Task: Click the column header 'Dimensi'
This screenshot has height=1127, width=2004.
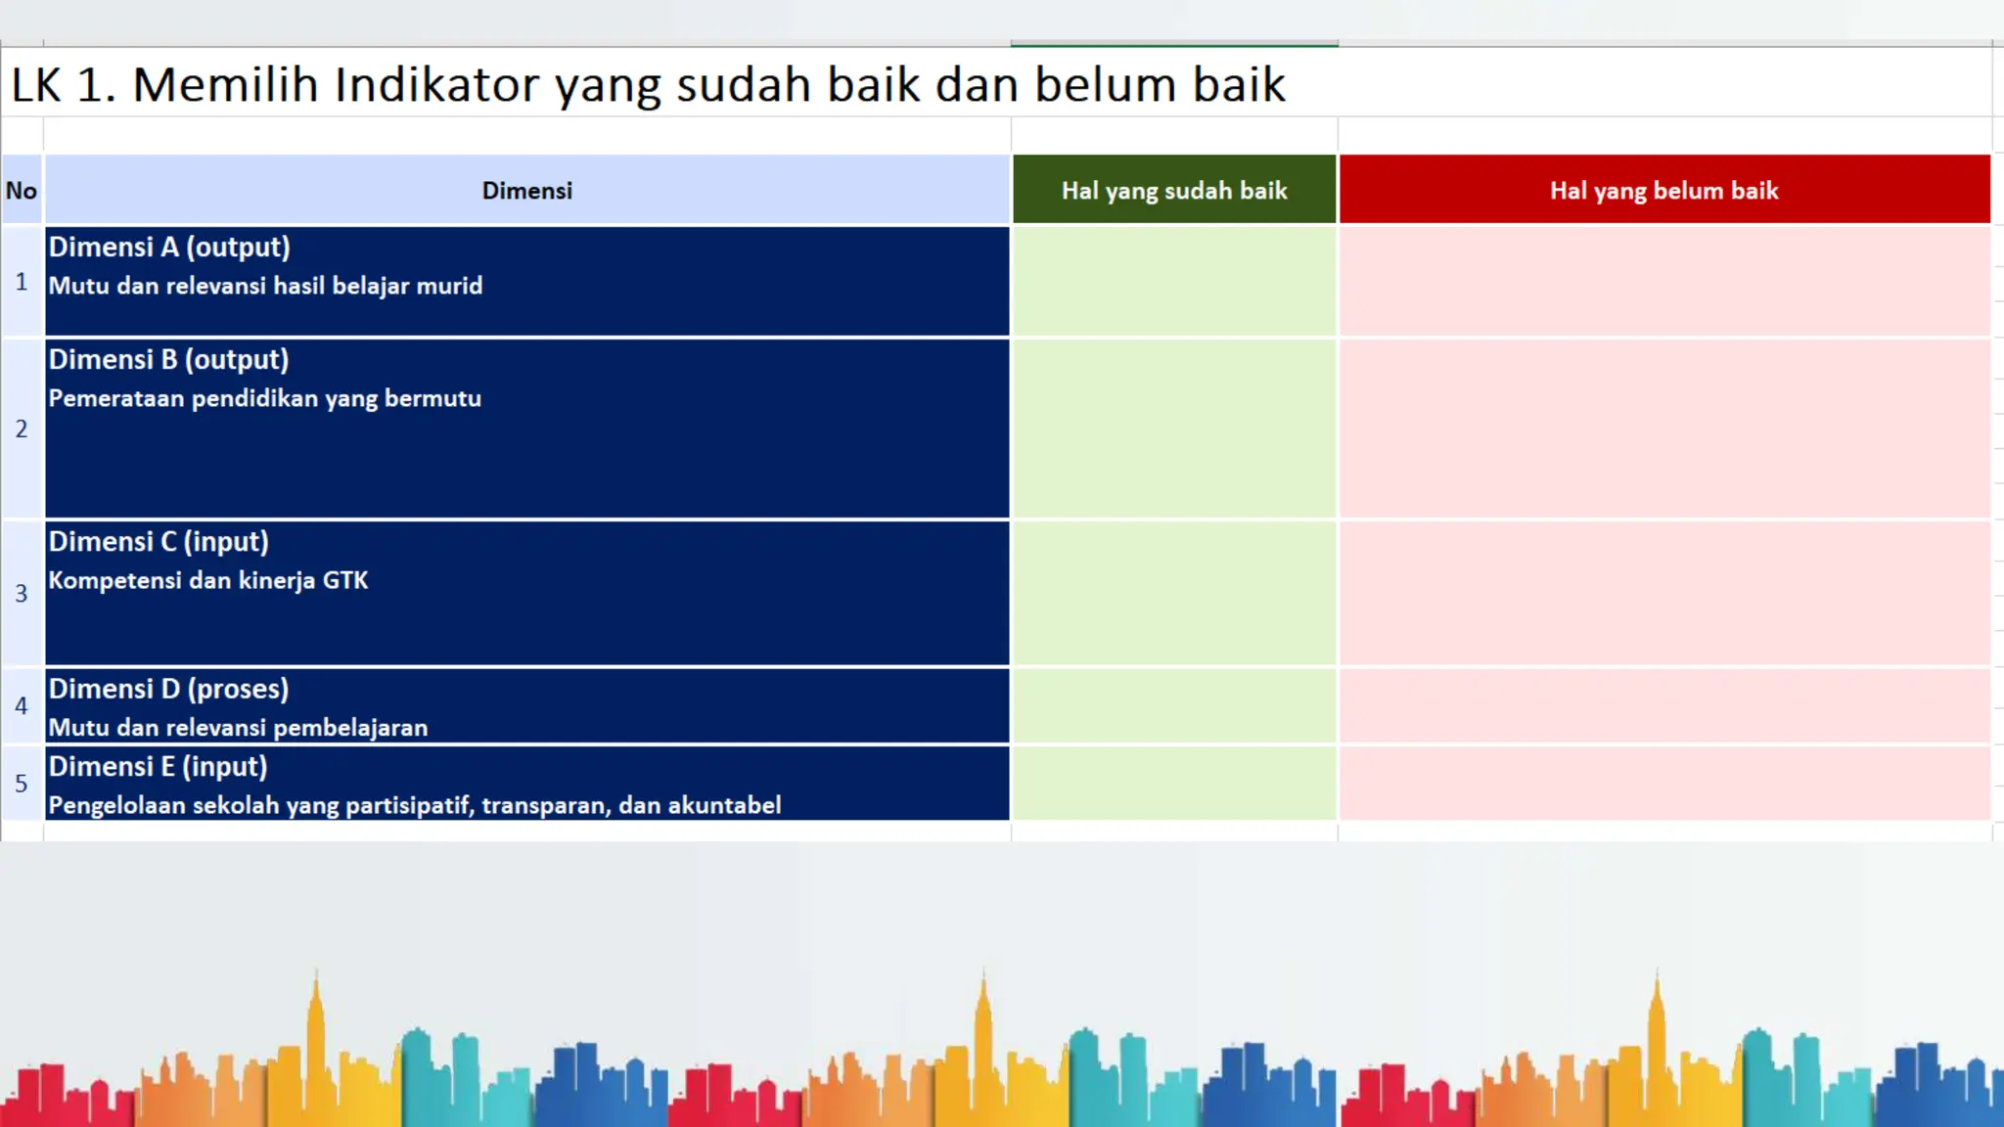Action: (x=526, y=191)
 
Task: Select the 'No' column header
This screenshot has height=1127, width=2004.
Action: (x=22, y=191)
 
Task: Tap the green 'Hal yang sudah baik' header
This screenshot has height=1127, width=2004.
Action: (x=1174, y=191)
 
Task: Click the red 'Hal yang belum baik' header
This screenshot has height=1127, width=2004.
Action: (x=1663, y=191)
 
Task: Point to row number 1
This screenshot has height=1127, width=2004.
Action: (x=22, y=283)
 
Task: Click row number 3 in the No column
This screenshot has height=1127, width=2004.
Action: (x=22, y=593)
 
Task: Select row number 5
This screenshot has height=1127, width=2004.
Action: (x=22, y=783)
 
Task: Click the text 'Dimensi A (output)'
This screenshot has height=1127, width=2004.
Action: (x=169, y=248)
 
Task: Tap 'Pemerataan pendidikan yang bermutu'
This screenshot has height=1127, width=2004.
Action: (x=264, y=399)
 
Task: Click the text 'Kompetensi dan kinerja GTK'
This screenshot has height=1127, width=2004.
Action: (x=208, y=581)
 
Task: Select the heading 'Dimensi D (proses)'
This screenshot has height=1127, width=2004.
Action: (x=168, y=690)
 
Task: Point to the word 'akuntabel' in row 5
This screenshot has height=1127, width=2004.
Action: (x=724, y=806)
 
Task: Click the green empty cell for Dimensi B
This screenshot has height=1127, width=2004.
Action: (x=1174, y=428)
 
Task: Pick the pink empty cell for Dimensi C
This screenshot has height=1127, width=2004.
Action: (x=1663, y=593)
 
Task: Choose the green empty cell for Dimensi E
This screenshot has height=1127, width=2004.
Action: (x=1174, y=783)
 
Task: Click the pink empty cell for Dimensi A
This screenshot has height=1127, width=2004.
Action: (x=1663, y=282)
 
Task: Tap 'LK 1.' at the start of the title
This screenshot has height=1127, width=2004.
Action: (x=63, y=85)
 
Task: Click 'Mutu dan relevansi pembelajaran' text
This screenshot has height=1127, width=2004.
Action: (x=238, y=728)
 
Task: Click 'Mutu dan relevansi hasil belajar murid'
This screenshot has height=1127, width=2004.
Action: (x=265, y=287)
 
